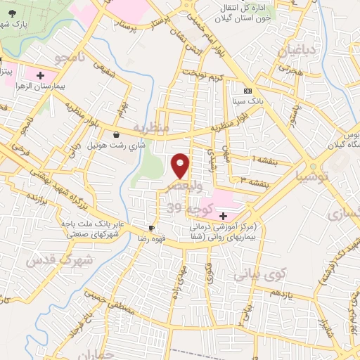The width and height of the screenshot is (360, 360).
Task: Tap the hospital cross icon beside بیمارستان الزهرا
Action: pos(40,73)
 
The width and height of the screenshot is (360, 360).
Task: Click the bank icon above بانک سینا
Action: pos(247,91)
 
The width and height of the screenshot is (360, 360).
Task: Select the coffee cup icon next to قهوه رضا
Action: pos(151,229)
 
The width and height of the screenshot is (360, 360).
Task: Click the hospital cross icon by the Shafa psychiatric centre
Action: pos(223,215)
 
